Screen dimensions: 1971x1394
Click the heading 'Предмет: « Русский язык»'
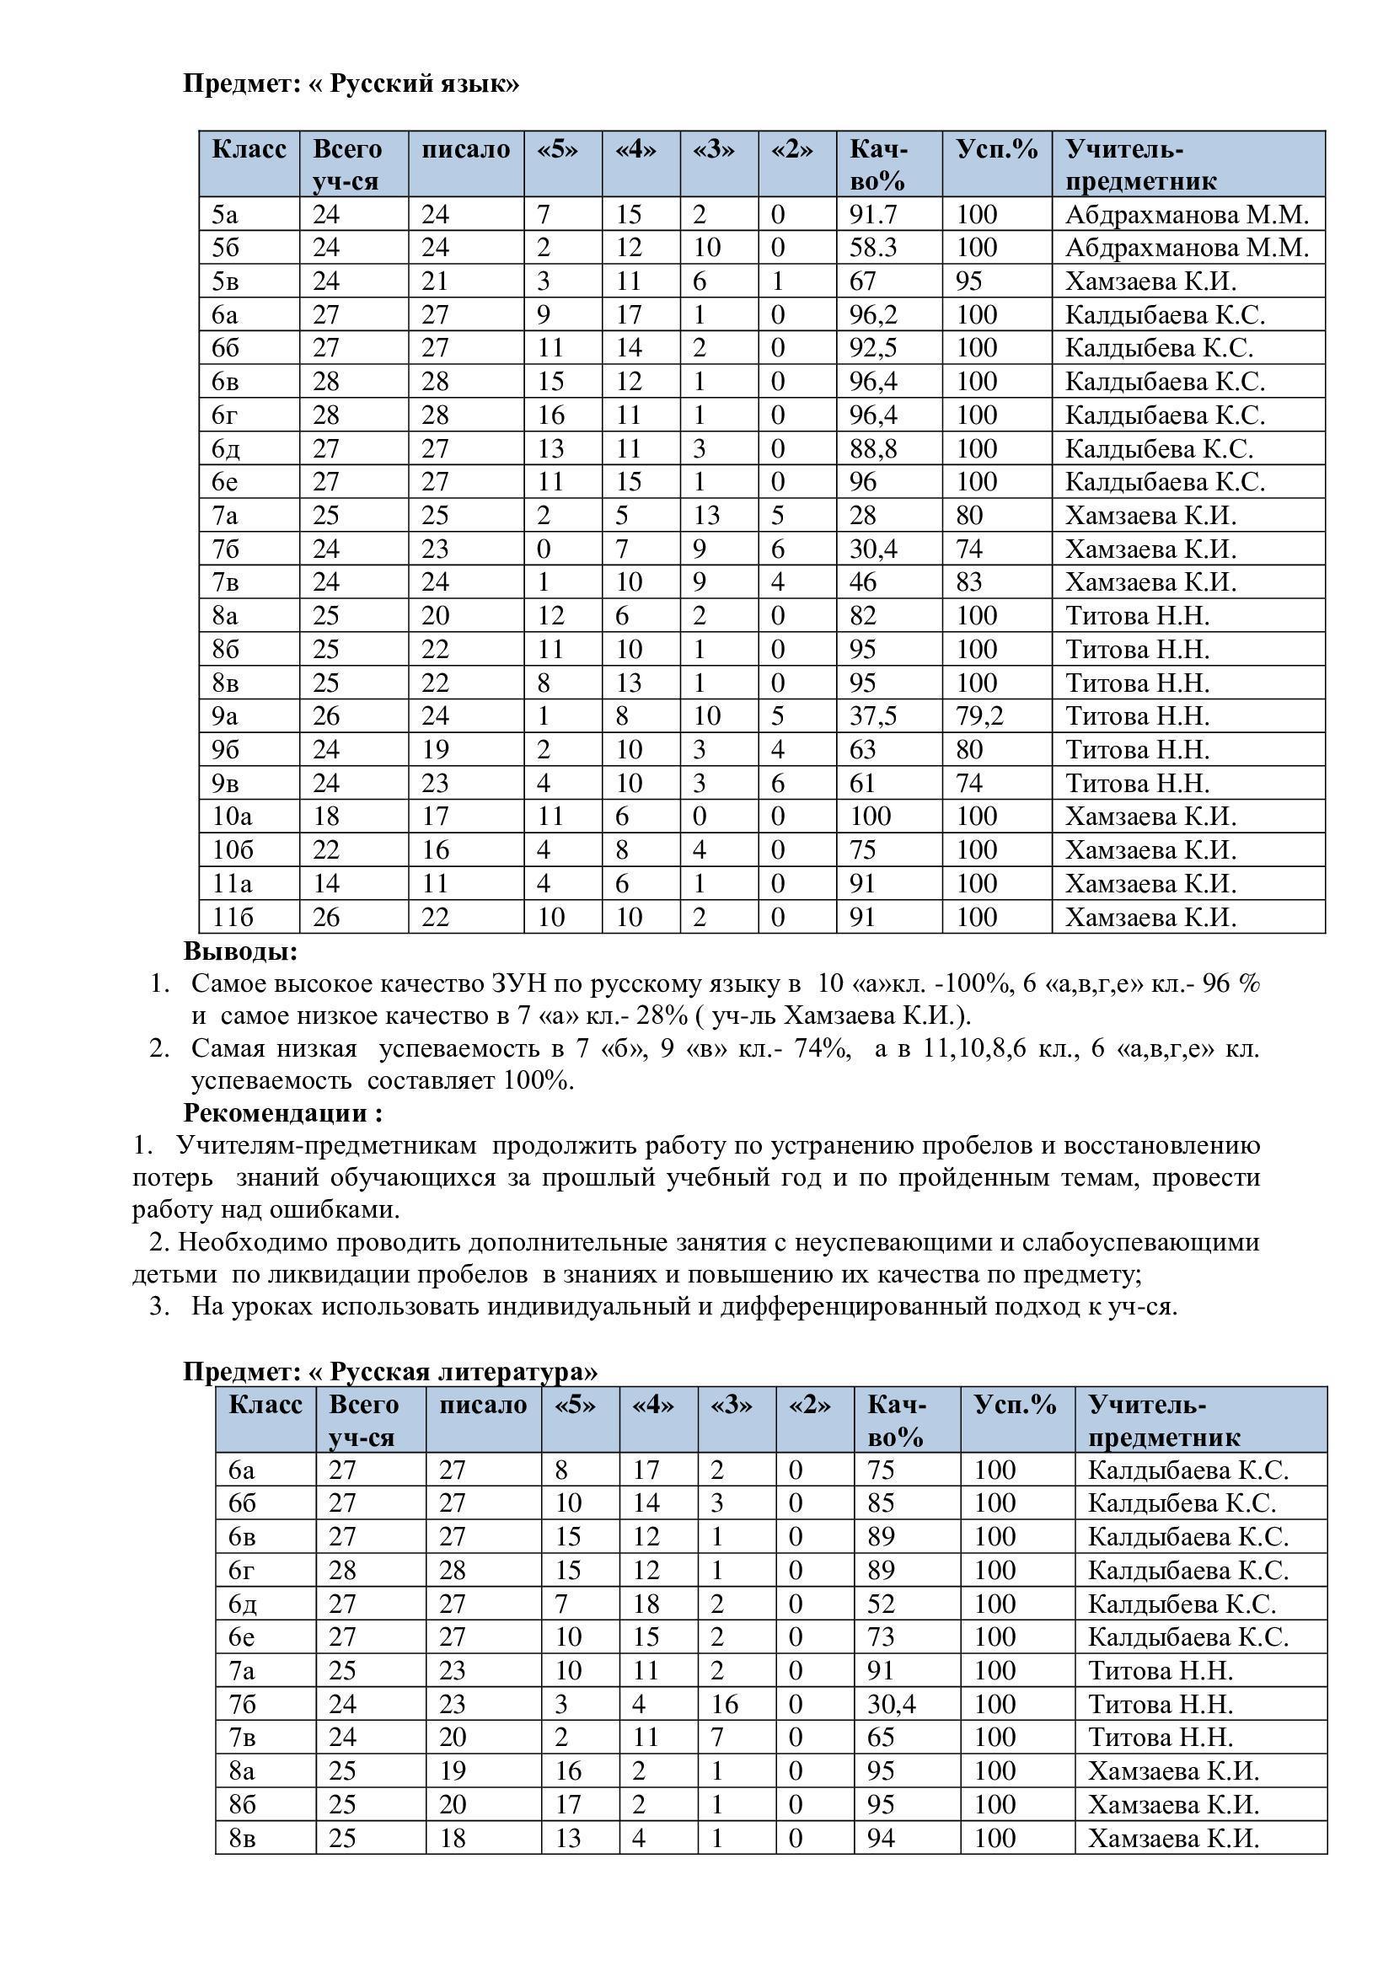click(351, 84)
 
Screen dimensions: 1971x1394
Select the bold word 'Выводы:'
click(240, 951)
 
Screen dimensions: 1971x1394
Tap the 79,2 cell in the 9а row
click(979, 716)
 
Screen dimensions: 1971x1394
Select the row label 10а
click(232, 817)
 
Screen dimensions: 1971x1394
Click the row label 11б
click(233, 918)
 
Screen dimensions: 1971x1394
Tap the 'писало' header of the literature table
click(482, 1406)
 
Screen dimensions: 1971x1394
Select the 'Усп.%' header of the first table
click(996, 149)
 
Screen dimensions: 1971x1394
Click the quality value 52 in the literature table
click(882, 1604)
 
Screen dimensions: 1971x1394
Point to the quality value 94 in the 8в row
click(882, 1839)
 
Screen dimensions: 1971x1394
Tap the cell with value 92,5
click(873, 348)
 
